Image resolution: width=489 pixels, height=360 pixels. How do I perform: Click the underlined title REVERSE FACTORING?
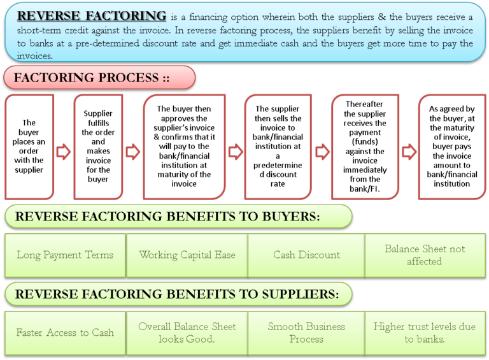point(92,16)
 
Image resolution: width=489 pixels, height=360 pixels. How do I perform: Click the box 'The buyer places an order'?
point(29,147)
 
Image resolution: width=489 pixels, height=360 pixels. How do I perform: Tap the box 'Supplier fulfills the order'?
point(97,147)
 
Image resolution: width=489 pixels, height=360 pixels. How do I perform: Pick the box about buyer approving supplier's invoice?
point(184,147)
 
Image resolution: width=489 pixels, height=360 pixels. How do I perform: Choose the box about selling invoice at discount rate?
point(278,147)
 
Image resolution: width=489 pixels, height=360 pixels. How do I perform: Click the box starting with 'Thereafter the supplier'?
point(365,147)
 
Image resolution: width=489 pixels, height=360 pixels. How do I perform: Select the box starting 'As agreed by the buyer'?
point(451,147)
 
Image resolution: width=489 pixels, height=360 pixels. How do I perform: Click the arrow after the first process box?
point(64,152)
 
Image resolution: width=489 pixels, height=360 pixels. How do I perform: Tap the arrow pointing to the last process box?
point(408,152)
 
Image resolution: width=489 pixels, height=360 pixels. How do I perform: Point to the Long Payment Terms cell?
point(65,255)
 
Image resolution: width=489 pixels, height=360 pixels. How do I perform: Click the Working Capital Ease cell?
point(187,255)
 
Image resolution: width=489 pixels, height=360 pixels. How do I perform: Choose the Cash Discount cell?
point(306,255)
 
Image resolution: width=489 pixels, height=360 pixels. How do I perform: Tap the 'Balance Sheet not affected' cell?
point(425,255)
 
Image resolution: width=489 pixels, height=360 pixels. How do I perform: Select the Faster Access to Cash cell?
point(65,333)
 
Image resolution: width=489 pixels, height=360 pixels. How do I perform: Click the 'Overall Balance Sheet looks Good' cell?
point(187,333)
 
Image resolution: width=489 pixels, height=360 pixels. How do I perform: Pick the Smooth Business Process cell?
point(306,333)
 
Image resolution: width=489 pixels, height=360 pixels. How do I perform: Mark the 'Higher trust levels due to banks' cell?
point(425,333)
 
